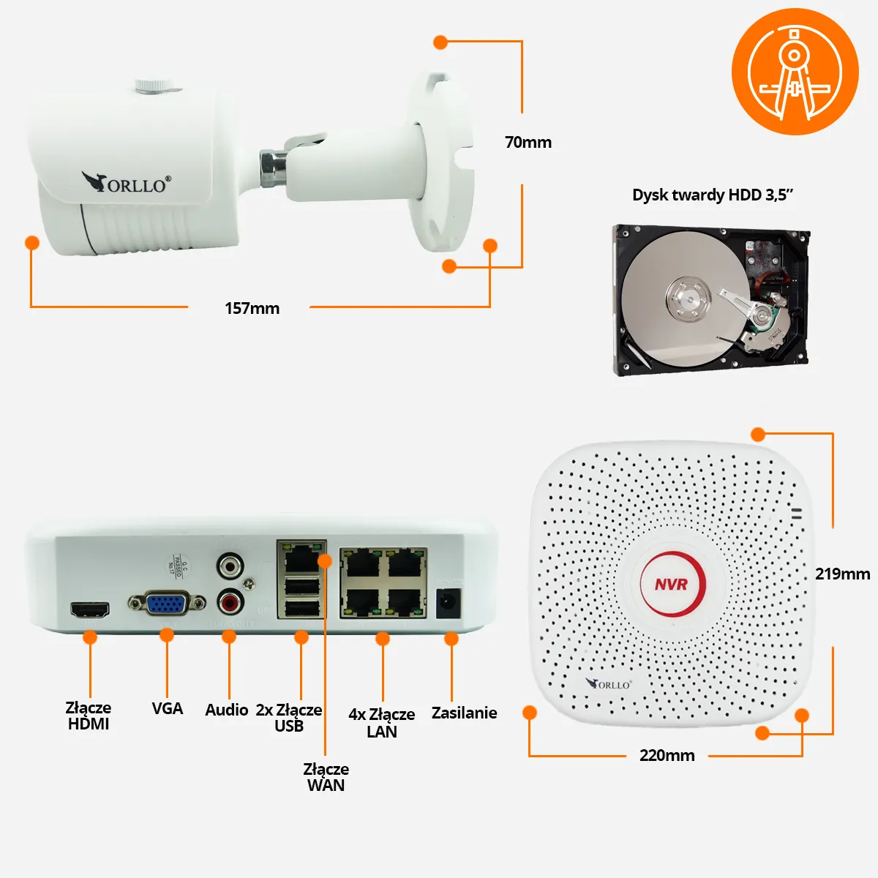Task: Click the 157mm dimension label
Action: point(252,308)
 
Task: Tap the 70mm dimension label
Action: point(528,142)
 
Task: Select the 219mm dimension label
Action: point(842,574)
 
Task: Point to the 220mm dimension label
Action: point(667,755)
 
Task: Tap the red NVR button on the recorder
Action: point(672,584)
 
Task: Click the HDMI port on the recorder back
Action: point(89,609)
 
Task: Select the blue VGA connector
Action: point(166,604)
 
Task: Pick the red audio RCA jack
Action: point(230,603)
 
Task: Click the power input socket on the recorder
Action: point(447,603)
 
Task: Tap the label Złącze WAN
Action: point(326,777)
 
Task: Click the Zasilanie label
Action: point(464,713)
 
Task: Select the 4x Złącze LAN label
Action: point(381,722)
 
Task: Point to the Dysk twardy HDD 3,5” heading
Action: point(713,195)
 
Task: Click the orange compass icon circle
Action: point(795,72)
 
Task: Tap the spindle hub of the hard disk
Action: point(688,299)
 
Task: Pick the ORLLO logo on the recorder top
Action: point(609,684)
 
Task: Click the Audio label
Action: point(226,710)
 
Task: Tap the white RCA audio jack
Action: point(230,566)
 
